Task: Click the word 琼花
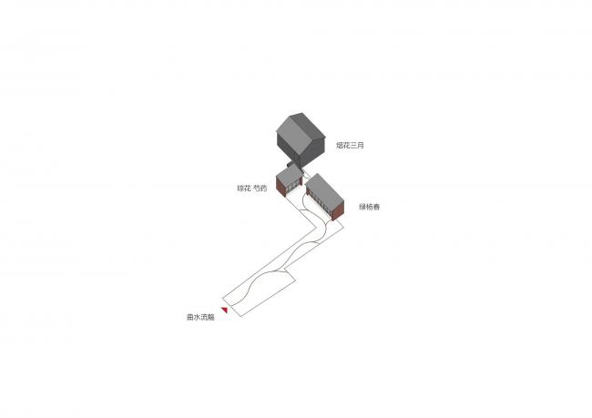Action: tap(243, 189)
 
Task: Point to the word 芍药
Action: tap(260, 189)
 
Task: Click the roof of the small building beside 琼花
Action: tap(288, 173)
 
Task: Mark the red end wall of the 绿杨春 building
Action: tap(338, 212)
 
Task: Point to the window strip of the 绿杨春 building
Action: tap(320, 207)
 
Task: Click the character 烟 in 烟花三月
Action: tap(339, 145)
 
